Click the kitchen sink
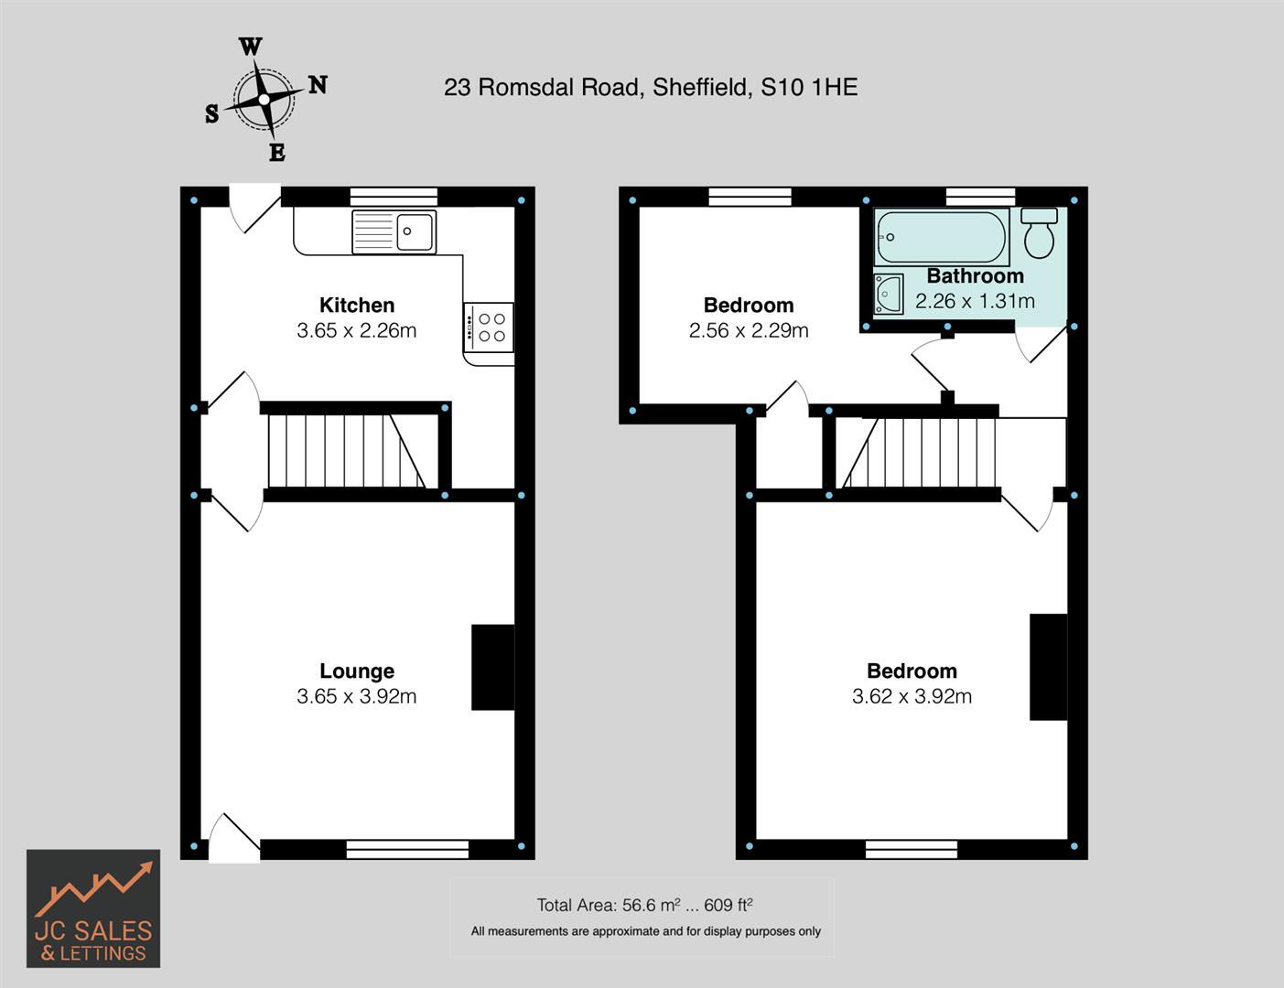click(x=394, y=231)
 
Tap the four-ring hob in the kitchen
click(x=489, y=328)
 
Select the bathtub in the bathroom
click(x=941, y=237)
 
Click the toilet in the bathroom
click(x=1039, y=234)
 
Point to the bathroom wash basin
click(x=888, y=294)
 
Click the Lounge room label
click(x=357, y=671)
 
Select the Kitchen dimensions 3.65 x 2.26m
click(x=357, y=330)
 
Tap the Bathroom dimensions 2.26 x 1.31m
click(x=975, y=301)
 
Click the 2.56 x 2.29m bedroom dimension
click(x=749, y=330)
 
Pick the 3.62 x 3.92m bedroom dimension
click(x=912, y=696)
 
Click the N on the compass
click(x=318, y=85)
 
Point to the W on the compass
click(x=250, y=47)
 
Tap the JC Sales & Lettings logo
click(x=93, y=908)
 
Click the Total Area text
click(x=644, y=905)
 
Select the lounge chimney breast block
click(x=492, y=667)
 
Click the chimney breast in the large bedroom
click(x=1048, y=667)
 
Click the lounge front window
click(x=407, y=849)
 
